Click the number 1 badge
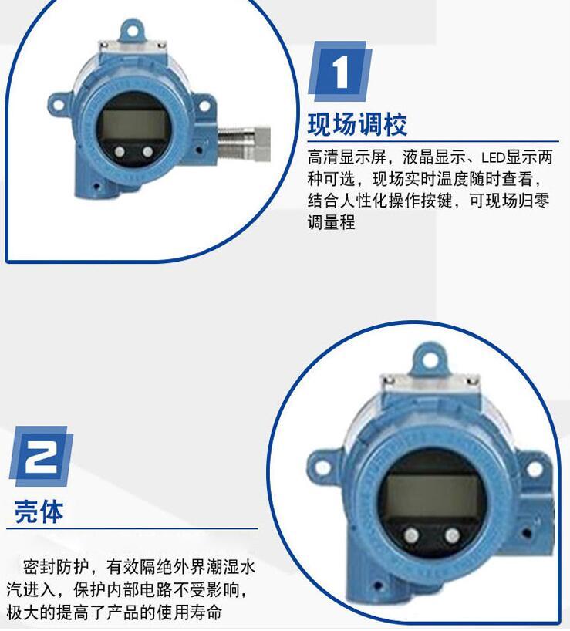[x=340, y=71]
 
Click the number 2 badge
[x=41, y=456]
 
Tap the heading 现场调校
[x=358, y=124]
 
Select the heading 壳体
[x=39, y=512]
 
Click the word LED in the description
[x=493, y=157]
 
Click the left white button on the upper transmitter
[x=120, y=151]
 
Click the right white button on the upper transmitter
[x=147, y=151]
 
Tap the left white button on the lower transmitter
[x=412, y=535]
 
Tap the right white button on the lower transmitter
[x=452, y=535]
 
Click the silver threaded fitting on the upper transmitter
[x=244, y=143]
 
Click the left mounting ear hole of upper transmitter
[x=59, y=106]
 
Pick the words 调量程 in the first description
[x=332, y=222]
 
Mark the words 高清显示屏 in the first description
[x=347, y=157]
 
